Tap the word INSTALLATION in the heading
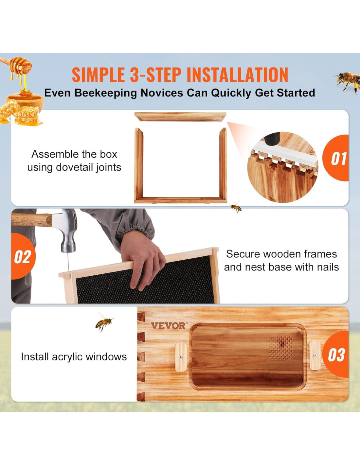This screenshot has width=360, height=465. point(238,75)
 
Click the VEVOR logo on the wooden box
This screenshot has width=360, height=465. point(168,326)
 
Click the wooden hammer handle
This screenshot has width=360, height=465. point(31,220)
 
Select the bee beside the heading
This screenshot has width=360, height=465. point(347,82)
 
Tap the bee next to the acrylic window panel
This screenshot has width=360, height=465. point(104,322)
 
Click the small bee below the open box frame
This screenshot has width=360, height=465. point(236,207)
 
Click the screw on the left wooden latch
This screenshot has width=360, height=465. point(181,357)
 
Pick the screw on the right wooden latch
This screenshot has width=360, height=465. point(315,355)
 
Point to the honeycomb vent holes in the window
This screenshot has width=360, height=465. point(281,348)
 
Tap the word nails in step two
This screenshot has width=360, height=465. point(327,267)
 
